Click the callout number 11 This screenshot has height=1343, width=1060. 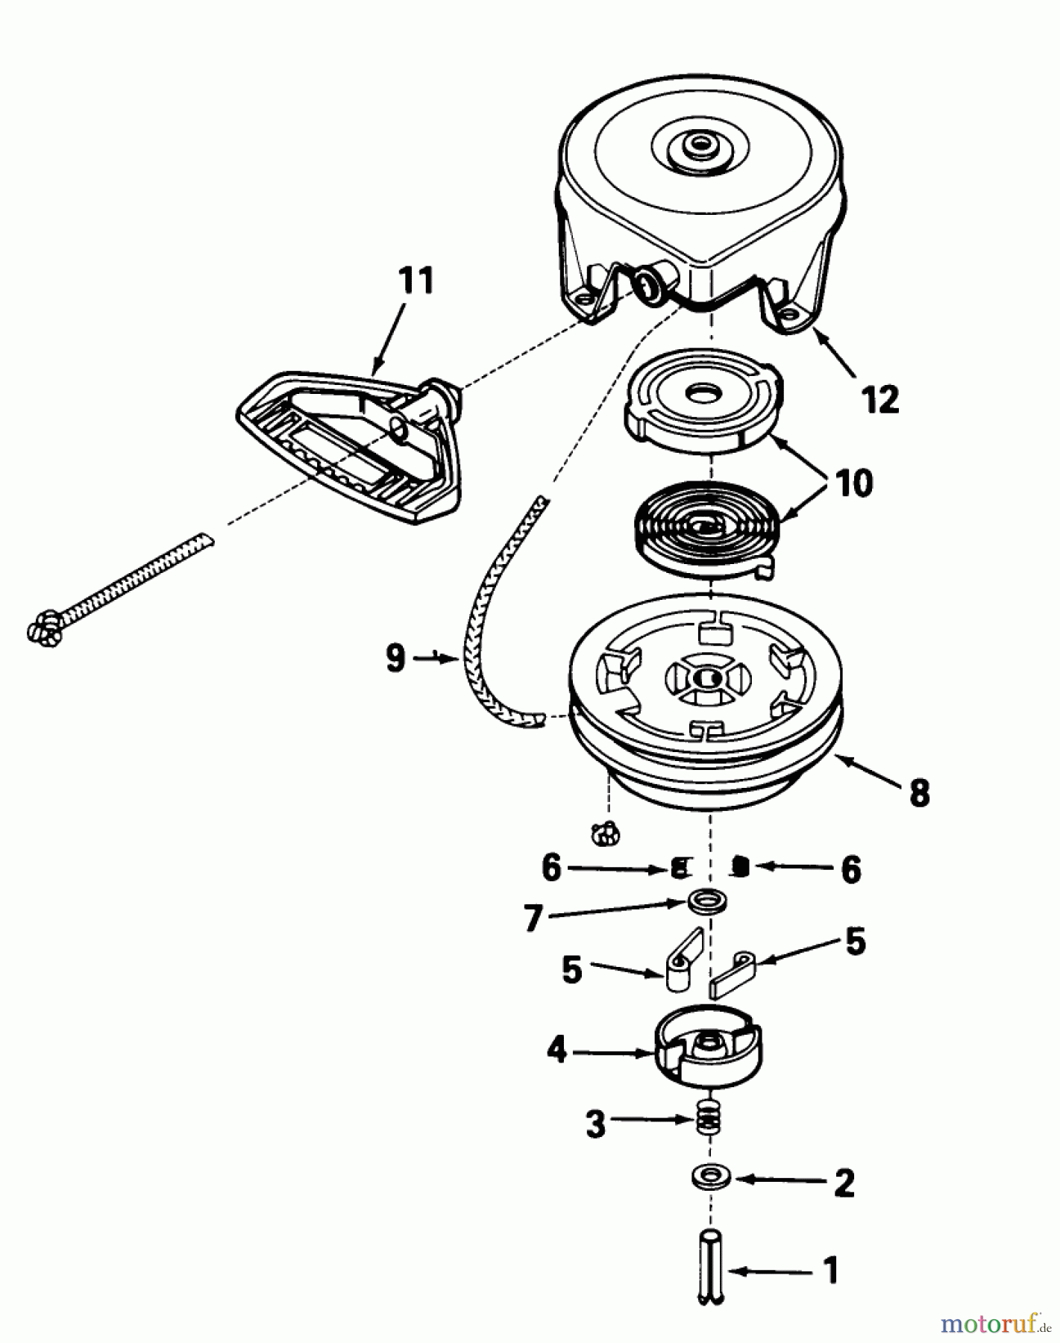coord(416,283)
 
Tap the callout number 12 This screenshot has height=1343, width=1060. coord(881,400)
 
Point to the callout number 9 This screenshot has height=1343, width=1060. coord(395,659)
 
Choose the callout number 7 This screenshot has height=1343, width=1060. coord(532,919)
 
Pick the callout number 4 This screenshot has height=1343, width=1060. coord(556,1051)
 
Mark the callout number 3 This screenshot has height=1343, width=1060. coord(595,1124)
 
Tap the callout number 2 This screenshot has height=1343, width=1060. coord(844,1183)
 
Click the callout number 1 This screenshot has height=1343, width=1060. coord(830,1271)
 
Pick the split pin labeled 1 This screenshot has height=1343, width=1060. coord(711,1267)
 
